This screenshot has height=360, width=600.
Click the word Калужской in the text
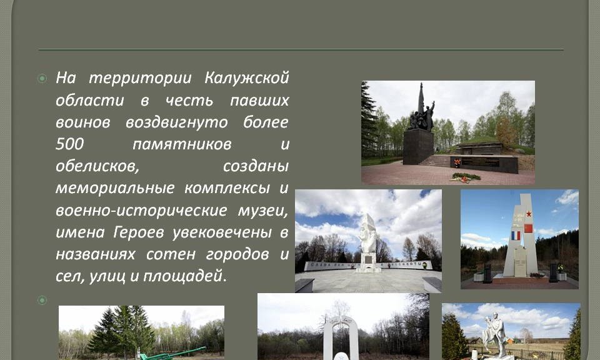coord(246,77)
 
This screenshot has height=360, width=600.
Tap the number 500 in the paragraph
coord(69,144)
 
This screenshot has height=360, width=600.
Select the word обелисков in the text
coord(97,166)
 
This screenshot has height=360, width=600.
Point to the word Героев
coord(139,232)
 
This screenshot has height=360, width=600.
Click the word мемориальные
coord(115,188)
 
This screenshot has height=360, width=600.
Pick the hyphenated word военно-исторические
coord(142,211)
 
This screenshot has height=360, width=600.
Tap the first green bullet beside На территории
coord(42,78)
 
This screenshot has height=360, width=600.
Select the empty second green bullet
coord(42,300)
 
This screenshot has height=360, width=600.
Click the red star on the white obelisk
coord(529,214)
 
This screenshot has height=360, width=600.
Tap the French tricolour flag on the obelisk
coord(516,235)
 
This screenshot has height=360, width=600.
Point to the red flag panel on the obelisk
coord(528,228)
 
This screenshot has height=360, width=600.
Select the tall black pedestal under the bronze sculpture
coord(418,146)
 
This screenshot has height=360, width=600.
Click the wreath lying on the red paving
coord(466,177)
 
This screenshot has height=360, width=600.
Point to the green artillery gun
coord(172,354)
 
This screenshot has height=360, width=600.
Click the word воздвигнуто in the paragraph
coord(177,122)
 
